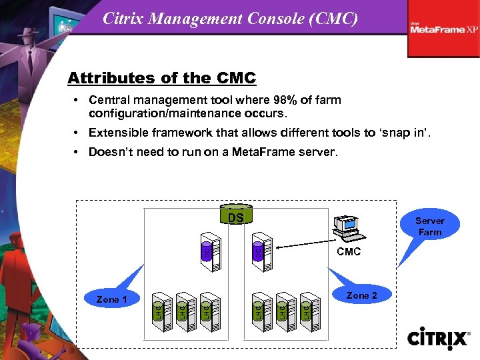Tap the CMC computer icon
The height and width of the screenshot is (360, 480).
click(347, 228)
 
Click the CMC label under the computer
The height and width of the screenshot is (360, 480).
click(349, 251)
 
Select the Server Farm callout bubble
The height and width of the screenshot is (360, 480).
click(429, 226)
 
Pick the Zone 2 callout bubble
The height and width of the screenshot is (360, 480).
click(361, 295)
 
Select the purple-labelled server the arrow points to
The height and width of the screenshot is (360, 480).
click(261, 253)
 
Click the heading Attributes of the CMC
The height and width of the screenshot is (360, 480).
click(161, 78)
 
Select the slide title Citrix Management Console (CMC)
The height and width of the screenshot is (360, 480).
click(230, 19)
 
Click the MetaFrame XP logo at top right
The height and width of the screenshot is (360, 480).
click(443, 28)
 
